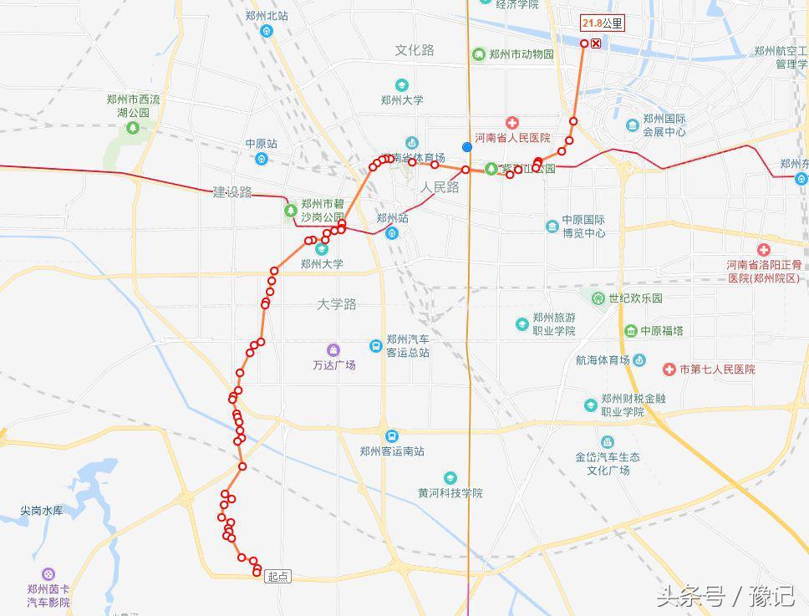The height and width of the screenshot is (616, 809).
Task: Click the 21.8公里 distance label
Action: coord(602,23)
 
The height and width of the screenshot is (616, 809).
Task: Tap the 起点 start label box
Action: coord(277,577)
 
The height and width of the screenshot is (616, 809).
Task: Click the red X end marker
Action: coord(596,43)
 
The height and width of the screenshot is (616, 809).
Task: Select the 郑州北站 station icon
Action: coord(267,32)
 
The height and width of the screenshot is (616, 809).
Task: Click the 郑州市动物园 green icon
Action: coord(479,55)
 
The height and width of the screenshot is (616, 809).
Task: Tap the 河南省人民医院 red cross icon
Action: coord(511,124)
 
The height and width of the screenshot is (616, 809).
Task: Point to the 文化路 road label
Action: coord(415,50)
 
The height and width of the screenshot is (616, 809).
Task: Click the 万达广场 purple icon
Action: coord(333,349)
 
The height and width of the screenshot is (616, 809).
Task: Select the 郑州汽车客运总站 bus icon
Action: coord(375,346)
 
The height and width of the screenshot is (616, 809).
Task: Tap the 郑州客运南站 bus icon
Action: coord(392,436)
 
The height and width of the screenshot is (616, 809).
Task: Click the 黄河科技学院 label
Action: coord(450,493)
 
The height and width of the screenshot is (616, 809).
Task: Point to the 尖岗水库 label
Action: coord(42,511)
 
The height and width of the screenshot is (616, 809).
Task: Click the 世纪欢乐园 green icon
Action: coord(598,298)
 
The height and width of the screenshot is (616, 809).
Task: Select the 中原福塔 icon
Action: coord(630,331)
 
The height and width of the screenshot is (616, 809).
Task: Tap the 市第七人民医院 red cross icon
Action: coord(669,369)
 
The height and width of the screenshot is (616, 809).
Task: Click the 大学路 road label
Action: coord(337,304)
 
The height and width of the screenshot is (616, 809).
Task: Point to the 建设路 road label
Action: coord(232,192)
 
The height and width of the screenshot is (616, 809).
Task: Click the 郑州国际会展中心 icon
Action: coord(633,125)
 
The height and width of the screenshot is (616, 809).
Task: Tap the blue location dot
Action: coord(467,147)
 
